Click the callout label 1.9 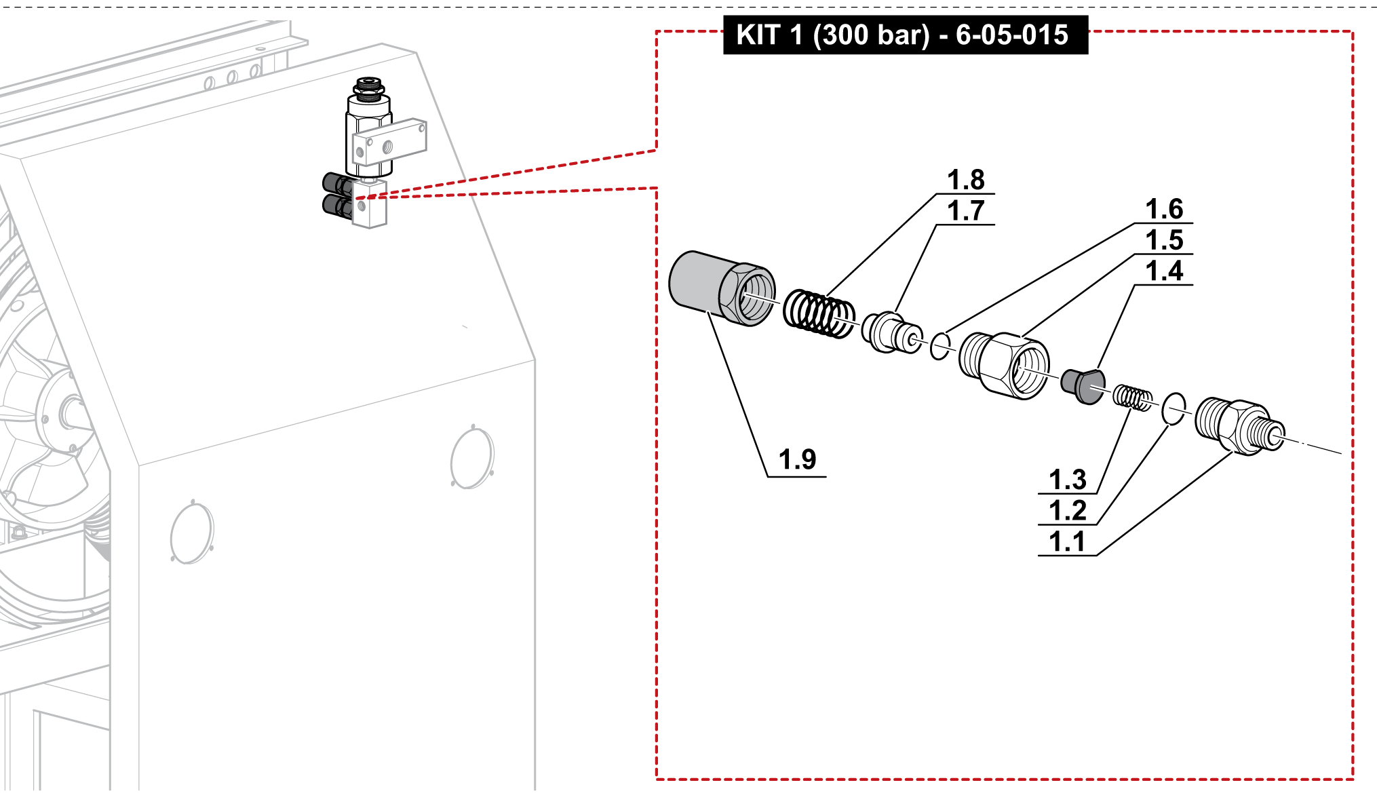[797, 460]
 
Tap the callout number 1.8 [966, 180]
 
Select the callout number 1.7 [966, 211]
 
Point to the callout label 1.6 [1164, 210]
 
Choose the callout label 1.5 [1164, 240]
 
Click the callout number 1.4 [1164, 271]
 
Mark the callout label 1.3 [1068, 480]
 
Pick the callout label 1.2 [1068, 511]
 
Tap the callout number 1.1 [1068, 542]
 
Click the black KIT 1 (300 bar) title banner [905, 35]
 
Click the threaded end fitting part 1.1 [1238, 426]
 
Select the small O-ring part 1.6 [939, 346]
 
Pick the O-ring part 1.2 [1174, 408]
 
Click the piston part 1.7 [891, 332]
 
